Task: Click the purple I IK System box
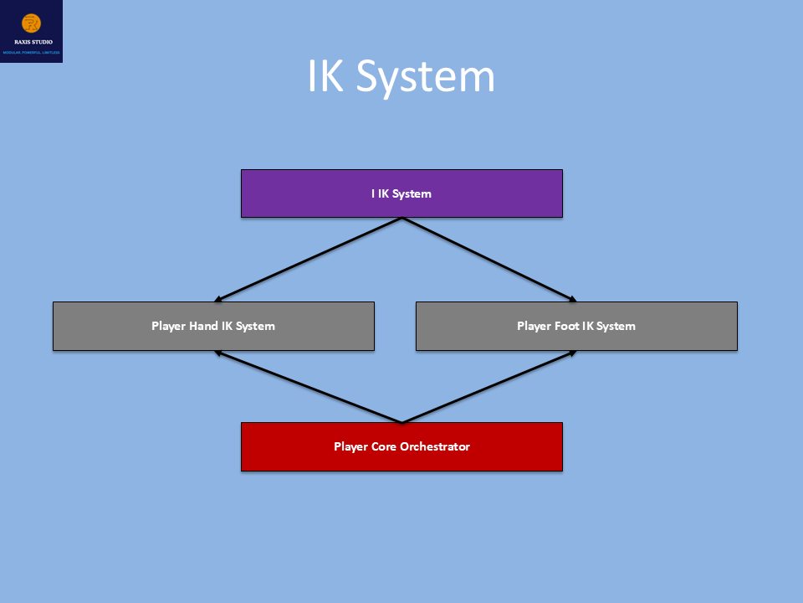pyautogui.click(x=401, y=193)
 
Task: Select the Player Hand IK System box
pyautogui.click(x=213, y=326)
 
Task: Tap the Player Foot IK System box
pyautogui.click(x=576, y=326)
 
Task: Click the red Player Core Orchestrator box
pyautogui.click(x=401, y=446)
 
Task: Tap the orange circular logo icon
pyautogui.click(x=32, y=23)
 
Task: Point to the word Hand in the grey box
pyautogui.click(x=204, y=326)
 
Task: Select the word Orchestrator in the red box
pyautogui.click(x=435, y=446)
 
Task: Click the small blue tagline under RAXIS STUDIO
pyautogui.click(x=32, y=52)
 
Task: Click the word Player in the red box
pyautogui.click(x=350, y=446)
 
